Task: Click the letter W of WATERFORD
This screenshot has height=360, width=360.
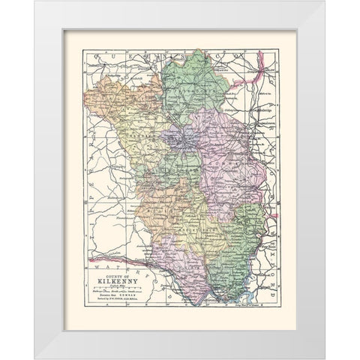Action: [94, 263]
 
